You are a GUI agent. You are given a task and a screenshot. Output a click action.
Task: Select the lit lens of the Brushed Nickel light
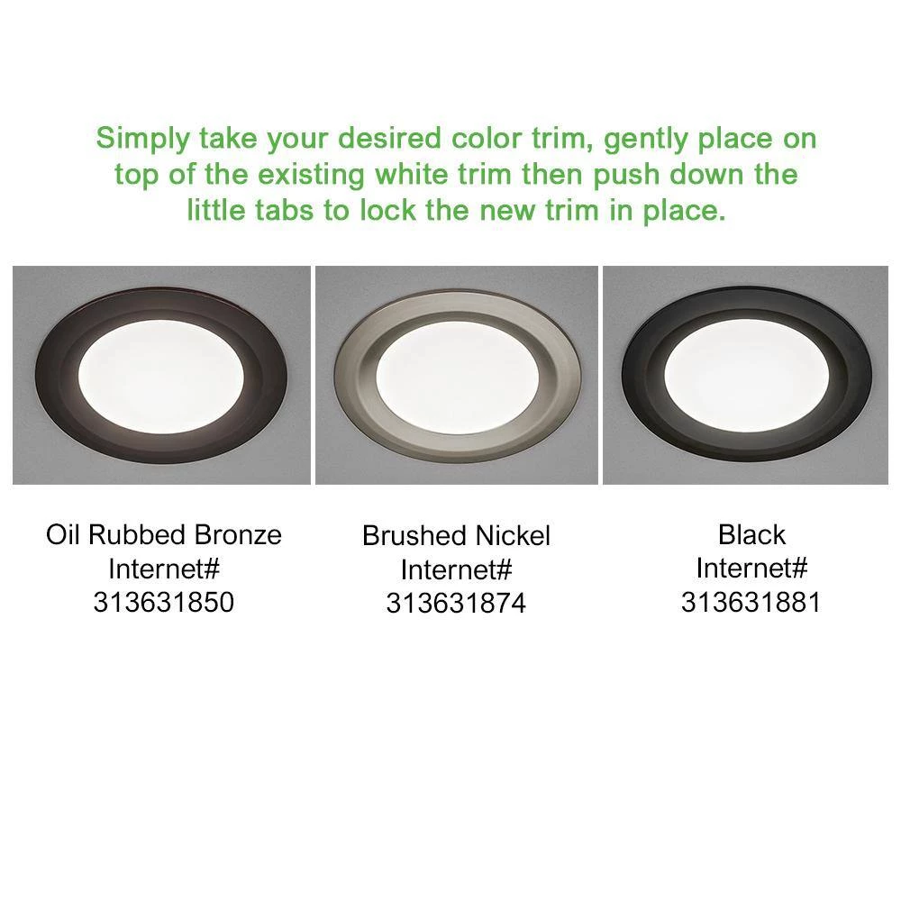coord(457,374)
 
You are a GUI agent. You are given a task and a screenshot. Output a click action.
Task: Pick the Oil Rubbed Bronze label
coord(164,534)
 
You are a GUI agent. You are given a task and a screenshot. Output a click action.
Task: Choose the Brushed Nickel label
coord(456,536)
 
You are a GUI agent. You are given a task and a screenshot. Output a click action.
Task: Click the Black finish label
coord(751,534)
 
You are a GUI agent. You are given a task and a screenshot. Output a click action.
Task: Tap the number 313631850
coord(164,602)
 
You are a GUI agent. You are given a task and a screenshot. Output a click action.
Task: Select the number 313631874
coord(456,604)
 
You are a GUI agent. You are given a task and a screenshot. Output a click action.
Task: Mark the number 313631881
coord(751,602)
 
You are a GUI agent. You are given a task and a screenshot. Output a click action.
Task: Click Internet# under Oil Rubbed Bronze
coord(164,569)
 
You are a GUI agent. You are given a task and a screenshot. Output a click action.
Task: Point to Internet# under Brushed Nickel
coord(456,570)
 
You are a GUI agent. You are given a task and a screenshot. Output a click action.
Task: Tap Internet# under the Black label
coord(751,569)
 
